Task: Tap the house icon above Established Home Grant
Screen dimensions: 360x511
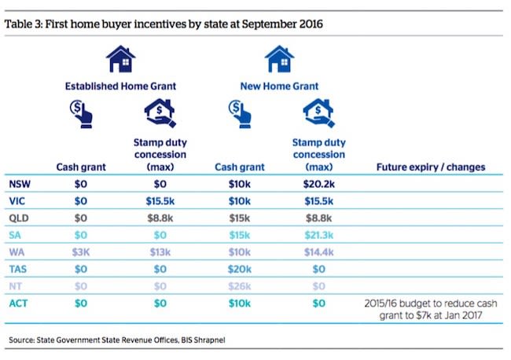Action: click(120, 60)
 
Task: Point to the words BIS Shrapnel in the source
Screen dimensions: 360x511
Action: click(203, 340)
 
